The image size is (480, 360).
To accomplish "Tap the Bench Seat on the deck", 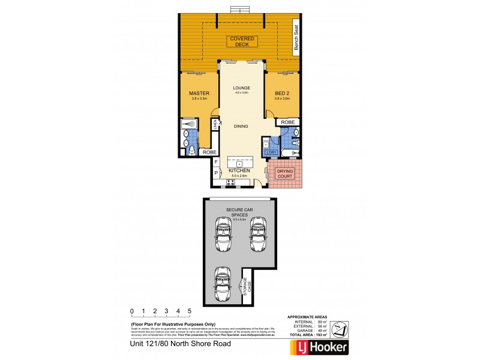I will point(296,37).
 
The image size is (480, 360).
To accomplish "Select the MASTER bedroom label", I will point(198,94).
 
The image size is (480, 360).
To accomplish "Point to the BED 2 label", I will point(282,94).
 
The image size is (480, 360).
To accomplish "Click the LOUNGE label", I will point(242,88).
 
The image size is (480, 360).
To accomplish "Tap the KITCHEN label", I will point(238,171).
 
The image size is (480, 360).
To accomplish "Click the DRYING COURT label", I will point(285,174).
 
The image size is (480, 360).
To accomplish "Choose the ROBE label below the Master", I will point(209,152).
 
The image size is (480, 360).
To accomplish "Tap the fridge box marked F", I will point(215,162).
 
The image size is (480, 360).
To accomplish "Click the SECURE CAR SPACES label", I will point(238,212).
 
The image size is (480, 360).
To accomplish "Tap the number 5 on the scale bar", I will point(190,311).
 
